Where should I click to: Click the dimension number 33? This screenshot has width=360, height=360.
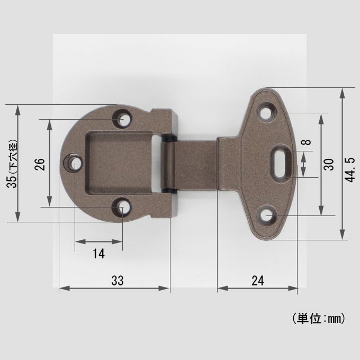coord(118,281)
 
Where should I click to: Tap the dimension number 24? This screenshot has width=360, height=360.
coord(258,281)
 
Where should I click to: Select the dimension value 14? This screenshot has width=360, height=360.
coord(98,254)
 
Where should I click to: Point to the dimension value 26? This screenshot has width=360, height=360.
coord(40,164)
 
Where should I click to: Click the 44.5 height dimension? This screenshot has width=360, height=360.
coord(350,170)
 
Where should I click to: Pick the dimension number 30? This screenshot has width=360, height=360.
coord(329,165)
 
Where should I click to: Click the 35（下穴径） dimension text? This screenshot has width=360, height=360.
coord(12,164)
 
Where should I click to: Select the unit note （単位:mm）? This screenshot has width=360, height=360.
coord(319,319)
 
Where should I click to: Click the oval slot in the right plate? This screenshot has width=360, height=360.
coord(281,164)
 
